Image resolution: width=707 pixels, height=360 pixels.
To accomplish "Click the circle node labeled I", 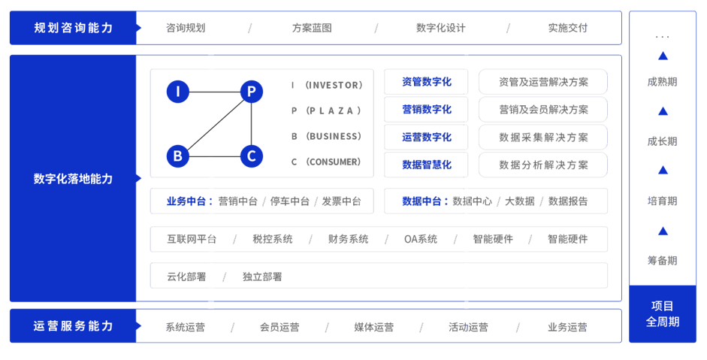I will point(177,92).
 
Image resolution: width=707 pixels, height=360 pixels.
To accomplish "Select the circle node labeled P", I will point(251,92).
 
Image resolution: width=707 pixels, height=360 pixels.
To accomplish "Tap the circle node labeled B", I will point(177,156).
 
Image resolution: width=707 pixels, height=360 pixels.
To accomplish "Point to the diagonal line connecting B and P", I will point(214,124).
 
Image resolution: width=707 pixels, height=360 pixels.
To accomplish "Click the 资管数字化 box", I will point(426,82).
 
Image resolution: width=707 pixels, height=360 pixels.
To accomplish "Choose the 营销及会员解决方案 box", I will point(543,110).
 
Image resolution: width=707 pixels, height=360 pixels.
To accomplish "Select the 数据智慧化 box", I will point(426,165).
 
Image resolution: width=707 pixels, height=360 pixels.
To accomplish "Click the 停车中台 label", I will point(289,201).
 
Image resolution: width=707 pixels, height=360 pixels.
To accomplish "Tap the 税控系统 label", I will point(272,240).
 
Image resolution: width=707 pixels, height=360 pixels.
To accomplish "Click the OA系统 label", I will point(420,240).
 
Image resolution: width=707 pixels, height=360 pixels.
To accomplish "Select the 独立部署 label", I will point(262,277).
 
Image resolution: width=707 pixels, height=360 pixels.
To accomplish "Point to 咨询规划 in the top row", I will point(186,28).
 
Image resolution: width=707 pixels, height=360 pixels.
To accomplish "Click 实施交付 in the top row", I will point(567,28).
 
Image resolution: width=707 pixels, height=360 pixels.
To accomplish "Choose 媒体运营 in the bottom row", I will point(373,327).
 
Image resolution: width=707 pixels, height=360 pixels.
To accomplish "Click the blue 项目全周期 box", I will point(662,313).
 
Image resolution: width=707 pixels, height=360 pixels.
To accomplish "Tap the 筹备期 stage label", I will point(662,260).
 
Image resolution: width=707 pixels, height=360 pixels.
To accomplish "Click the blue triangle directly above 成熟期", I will point(663,56).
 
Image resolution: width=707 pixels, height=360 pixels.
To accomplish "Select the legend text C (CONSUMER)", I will point(326,162).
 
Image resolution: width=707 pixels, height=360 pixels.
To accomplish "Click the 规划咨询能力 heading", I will point(74,28).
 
